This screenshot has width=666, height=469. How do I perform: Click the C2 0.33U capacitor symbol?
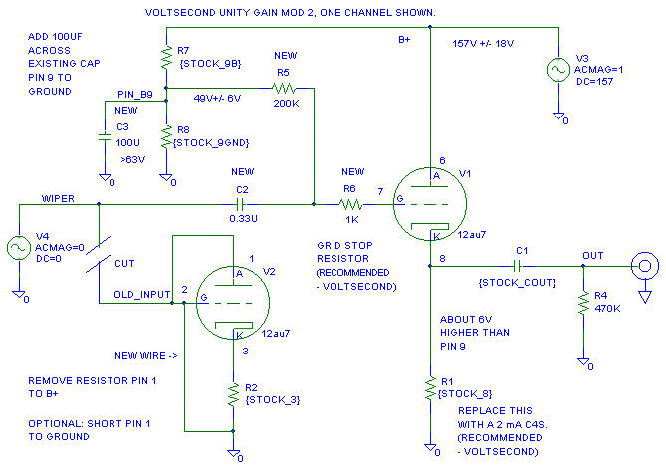tap(240, 205)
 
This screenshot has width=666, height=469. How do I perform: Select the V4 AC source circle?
tap(19, 247)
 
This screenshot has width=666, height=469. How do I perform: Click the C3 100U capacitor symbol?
tap(104, 140)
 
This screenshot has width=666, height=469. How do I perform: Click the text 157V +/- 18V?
tap(484, 44)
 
